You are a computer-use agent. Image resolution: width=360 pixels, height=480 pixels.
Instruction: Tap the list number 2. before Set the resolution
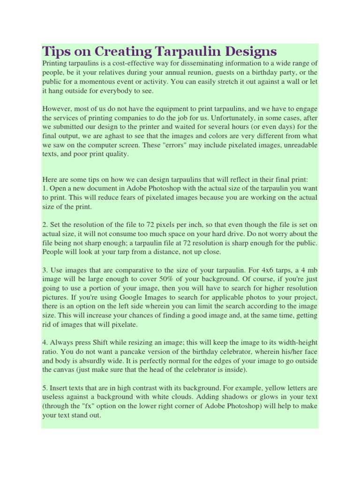click(45, 225)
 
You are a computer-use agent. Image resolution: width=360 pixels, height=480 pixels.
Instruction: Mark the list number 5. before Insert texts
click(45, 389)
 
